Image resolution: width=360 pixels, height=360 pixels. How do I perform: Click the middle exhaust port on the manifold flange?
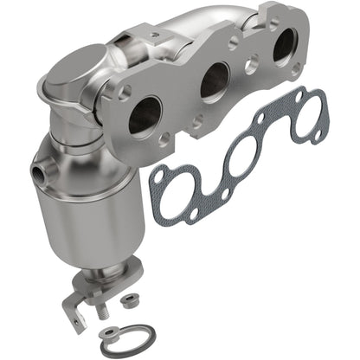(214, 83)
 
